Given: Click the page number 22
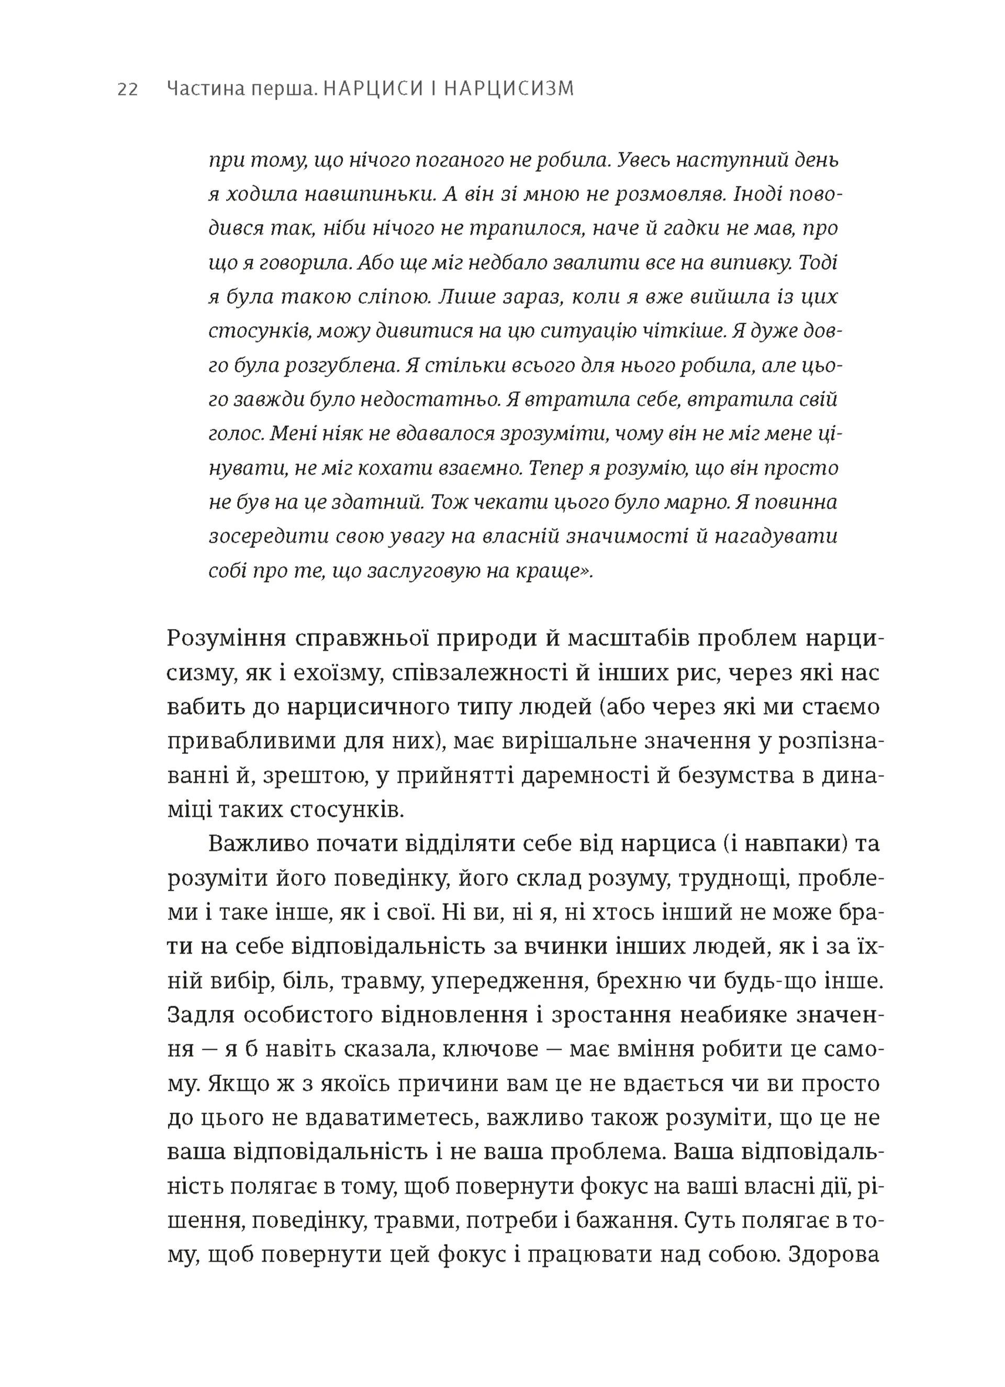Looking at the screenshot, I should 128,90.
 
